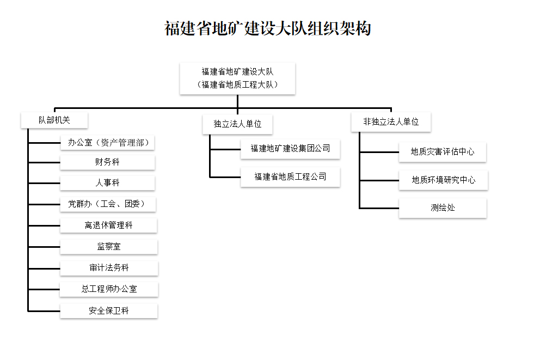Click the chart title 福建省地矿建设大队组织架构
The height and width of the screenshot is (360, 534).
pos(268,28)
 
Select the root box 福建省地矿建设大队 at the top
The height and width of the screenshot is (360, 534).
pos(237,78)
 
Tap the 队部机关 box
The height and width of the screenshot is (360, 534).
pos(54,120)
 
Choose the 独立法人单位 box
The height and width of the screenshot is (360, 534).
pos(237,124)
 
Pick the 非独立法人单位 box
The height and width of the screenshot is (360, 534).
pos(391,122)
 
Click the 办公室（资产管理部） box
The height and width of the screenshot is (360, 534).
pos(108,143)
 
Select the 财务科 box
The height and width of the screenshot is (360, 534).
pos(108,162)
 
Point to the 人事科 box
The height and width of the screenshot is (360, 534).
pos(108,183)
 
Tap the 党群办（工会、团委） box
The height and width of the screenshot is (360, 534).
pos(108,204)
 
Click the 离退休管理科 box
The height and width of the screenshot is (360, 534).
pos(109,225)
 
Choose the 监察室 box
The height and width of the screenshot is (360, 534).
pos(109,247)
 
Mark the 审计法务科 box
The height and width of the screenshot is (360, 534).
pos(109,268)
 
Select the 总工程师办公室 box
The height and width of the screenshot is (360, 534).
pos(109,289)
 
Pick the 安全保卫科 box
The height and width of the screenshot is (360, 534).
pos(109,311)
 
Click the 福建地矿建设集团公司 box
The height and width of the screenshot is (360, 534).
pos(290,149)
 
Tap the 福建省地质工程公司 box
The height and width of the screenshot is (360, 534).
pos(290,177)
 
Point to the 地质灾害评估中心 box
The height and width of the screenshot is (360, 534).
pos(443,152)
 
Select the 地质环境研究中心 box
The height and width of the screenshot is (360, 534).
pos(444,180)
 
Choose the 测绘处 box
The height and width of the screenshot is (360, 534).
pos(443,208)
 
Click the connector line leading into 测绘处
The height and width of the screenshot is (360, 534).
pos(379,208)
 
